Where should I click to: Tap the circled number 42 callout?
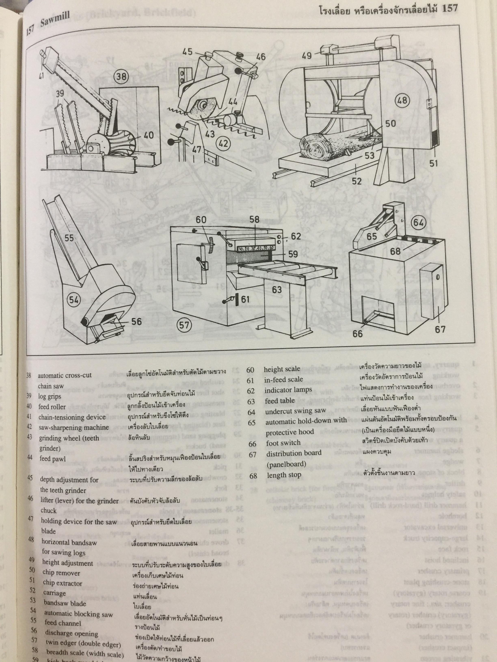tap(223, 144)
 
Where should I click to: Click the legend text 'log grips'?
tap(49, 396)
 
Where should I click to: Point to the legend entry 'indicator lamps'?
tap(288, 390)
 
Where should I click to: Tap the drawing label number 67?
tap(440, 330)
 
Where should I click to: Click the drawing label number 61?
tap(245, 299)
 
